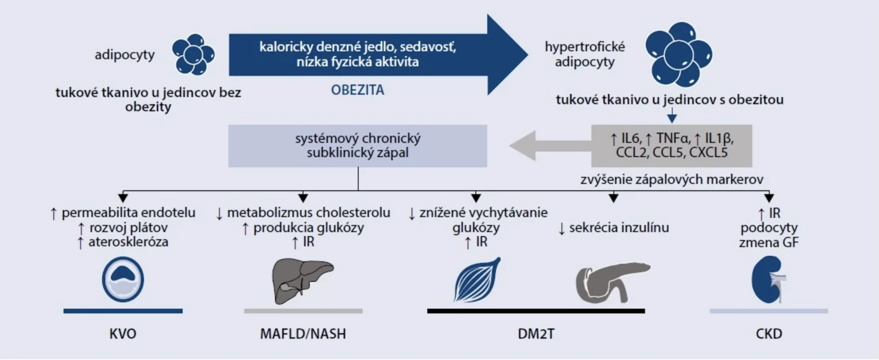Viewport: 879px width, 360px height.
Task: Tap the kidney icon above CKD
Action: [x=767, y=280]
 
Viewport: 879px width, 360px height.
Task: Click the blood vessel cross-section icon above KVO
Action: [x=123, y=279]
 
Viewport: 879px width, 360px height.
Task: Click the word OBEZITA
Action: [x=358, y=90]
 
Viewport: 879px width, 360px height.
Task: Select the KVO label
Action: [x=123, y=333]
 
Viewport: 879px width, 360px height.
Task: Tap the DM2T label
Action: [x=536, y=333]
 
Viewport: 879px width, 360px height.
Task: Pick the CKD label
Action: [x=769, y=333]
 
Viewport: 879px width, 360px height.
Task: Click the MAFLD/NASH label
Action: [x=303, y=333]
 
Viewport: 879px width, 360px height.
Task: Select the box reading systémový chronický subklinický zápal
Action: [x=358, y=146]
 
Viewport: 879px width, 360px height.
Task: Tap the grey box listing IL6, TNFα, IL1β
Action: [x=671, y=146]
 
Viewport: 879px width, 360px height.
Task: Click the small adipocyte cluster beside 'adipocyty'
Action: [x=193, y=54]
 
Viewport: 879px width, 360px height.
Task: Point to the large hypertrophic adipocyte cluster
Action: [x=678, y=55]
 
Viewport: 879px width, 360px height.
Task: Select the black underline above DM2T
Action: [x=536, y=311]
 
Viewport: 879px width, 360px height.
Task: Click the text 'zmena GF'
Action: [x=769, y=242]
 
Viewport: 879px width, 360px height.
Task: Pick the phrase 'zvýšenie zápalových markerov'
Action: [x=672, y=180]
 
